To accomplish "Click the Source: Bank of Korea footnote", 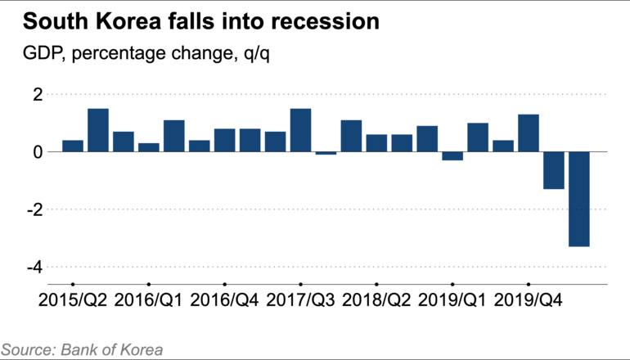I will point(82,349).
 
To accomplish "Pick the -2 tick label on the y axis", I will point(34,210).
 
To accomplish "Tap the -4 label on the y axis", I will point(34,268).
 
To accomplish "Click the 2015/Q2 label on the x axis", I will point(72,299).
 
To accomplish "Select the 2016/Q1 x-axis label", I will point(148,299).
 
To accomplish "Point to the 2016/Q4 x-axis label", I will point(224,299).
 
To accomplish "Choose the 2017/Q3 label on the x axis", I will point(300,299).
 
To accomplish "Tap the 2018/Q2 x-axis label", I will point(376,299).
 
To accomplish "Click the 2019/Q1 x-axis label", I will point(452,299).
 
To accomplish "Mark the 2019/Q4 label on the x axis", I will point(529,299).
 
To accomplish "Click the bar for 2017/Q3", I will point(300,130).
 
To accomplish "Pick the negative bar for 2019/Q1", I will point(452,156).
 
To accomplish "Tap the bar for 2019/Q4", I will point(529,133).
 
